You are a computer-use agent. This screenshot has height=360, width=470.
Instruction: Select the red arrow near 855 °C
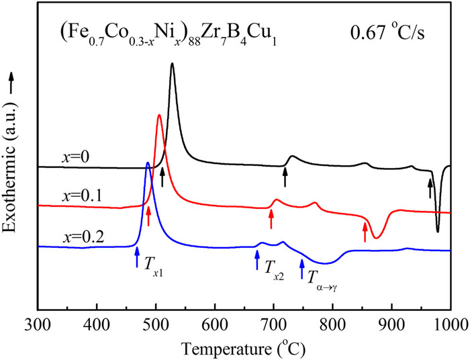tap(365, 231)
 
